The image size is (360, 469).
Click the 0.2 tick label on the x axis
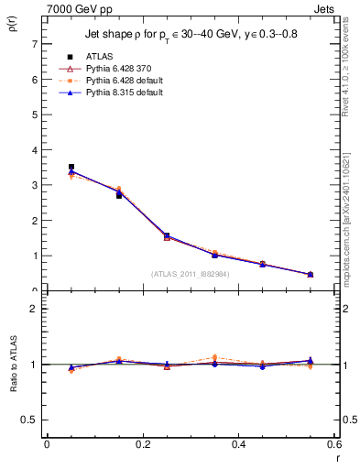[x=142, y=444]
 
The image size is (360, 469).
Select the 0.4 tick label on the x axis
[x=238, y=444]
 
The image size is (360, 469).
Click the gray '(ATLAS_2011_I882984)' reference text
[x=191, y=273]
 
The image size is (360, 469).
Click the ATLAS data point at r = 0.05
[x=71, y=167]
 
